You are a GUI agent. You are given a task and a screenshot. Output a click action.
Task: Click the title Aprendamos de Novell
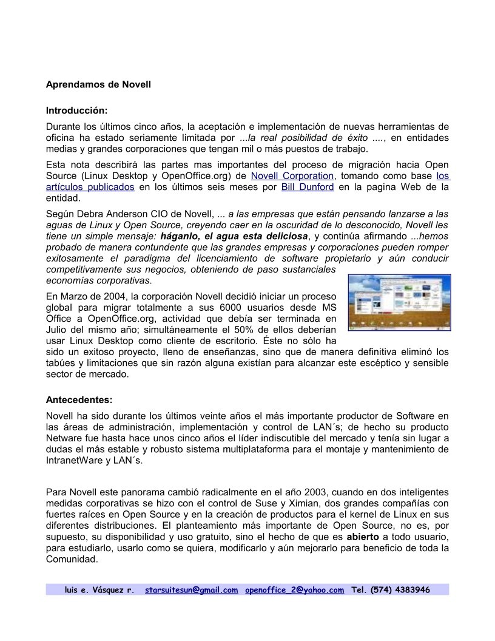click(x=98, y=85)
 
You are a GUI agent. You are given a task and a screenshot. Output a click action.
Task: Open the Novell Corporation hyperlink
click(x=292, y=176)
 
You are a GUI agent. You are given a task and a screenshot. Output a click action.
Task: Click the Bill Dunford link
click(x=308, y=187)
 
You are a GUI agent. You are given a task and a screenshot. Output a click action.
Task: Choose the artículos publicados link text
click(x=90, y=187)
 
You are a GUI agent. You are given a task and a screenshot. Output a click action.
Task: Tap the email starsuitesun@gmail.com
click(x=191, y=589)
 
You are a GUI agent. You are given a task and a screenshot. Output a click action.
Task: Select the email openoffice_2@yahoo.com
click(x=294, y=589)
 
